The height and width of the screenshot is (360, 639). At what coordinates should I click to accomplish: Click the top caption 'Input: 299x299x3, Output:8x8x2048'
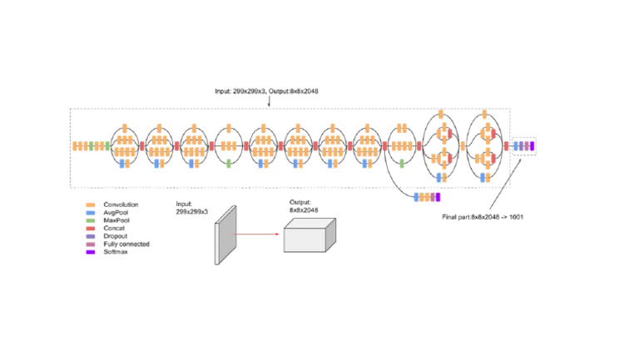(266, 92)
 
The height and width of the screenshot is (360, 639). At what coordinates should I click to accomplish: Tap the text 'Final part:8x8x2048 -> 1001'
(482, 216)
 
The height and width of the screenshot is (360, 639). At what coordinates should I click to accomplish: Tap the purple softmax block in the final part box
(532, 146)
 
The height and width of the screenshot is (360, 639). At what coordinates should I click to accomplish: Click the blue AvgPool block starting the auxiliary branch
(416, 197)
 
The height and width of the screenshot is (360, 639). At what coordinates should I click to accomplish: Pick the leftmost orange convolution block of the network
(75, 146)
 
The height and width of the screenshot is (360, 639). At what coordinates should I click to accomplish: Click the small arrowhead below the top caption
(270, 105)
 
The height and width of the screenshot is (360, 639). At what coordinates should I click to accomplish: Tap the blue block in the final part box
(518, 146)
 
